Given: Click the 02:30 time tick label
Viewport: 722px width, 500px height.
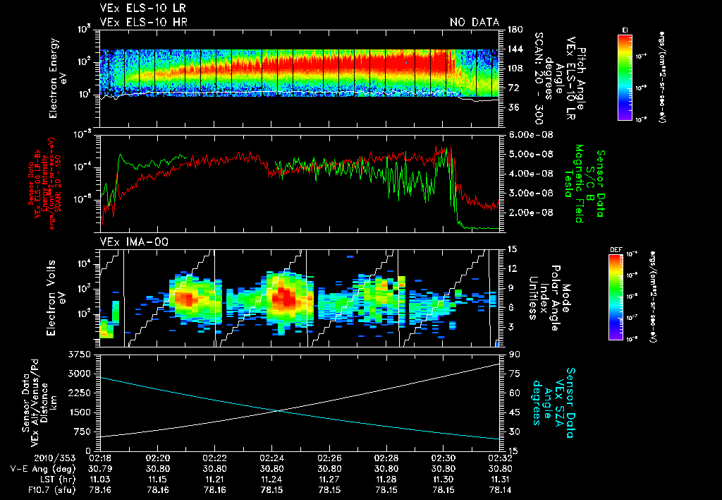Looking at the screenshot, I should click(x=443, y=457).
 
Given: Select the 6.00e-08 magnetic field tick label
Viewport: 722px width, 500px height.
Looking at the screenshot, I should click(x=528, y=135).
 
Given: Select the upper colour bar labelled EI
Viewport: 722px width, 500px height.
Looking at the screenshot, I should click(x=624, y=74).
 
